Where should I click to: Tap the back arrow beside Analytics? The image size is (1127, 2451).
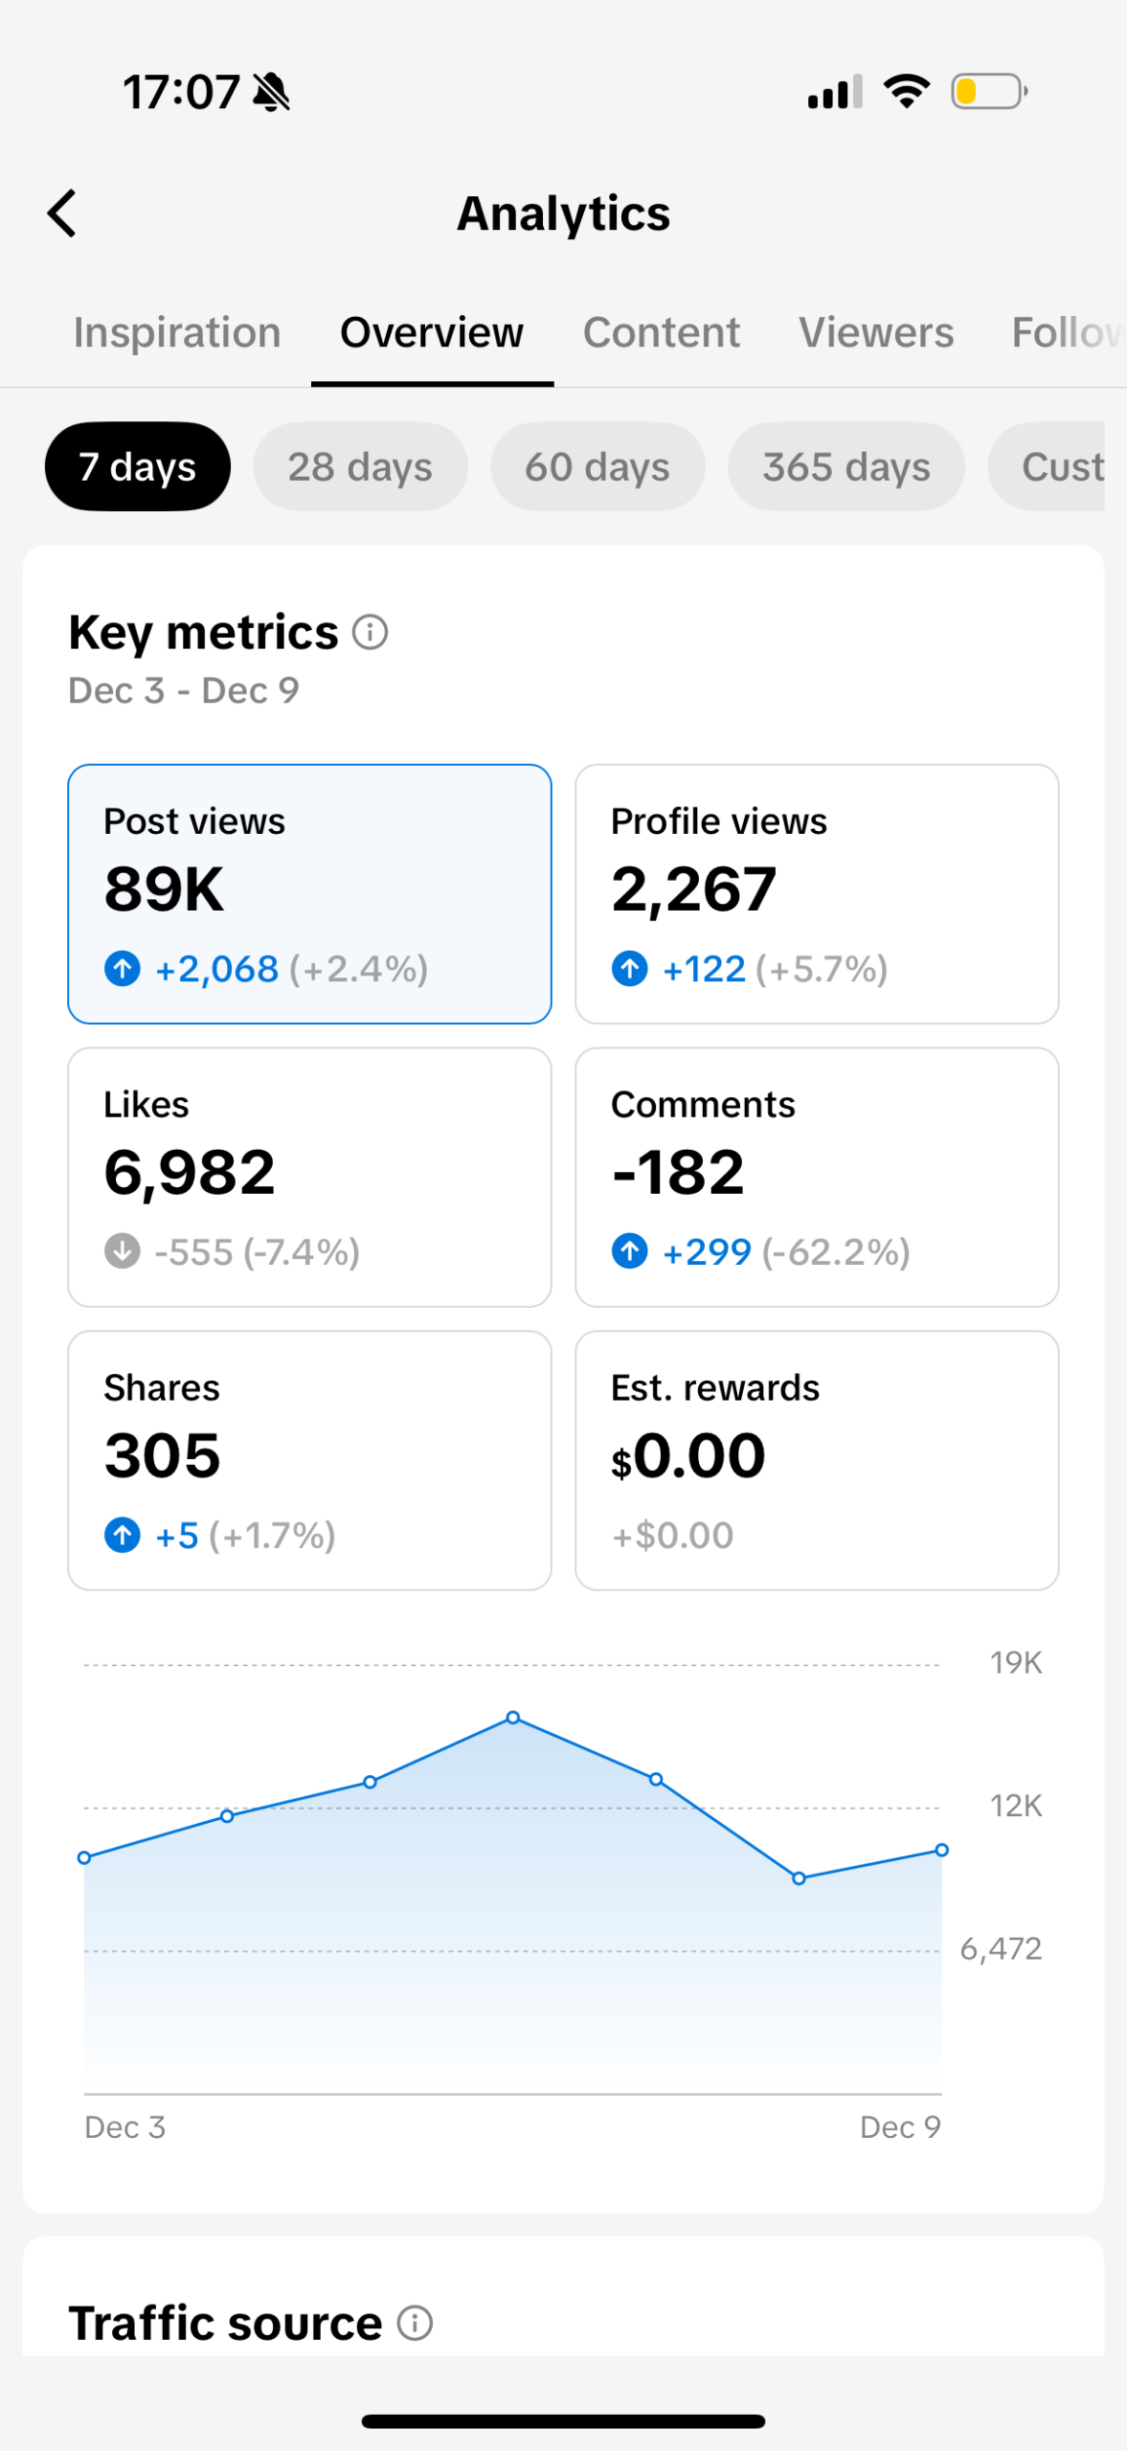(62, 213)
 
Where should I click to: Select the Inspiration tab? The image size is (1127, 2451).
(177, 333)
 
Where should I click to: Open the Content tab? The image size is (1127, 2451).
(661, 333)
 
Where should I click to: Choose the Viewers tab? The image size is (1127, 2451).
(876, 333)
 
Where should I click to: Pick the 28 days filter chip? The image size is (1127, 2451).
(360, 467)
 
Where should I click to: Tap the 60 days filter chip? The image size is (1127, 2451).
(597, 467)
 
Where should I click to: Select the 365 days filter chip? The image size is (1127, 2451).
(845, 467)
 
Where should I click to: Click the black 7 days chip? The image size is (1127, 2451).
(137, 467)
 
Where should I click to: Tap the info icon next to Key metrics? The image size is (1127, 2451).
(370, 632)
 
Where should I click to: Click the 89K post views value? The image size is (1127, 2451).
(164, 889)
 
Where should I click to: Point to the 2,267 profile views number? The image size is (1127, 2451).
(693, 889)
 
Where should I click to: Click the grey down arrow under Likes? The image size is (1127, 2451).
(123, 1251)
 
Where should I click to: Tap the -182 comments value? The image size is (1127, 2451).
(678, 1173)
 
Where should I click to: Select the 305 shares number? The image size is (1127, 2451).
(163, 1456)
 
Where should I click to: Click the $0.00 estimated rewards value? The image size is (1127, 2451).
(688, 1456)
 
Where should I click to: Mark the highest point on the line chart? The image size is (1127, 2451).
(513, 1718)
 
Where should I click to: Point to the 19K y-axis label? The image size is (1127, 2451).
(1015, 1663)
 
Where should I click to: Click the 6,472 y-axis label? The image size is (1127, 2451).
(1001, 1949)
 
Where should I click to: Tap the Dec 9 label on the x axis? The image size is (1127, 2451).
(900, 2127)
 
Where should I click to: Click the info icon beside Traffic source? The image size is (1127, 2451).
(415, 2324)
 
